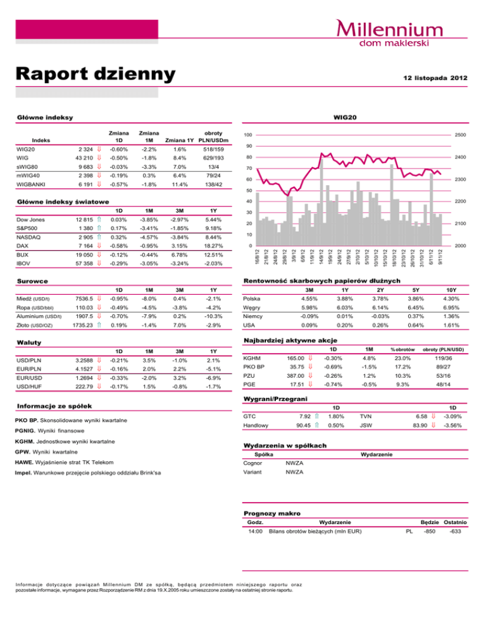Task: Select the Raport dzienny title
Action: tap(95, 74)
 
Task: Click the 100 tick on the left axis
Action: tap(249, 136)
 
